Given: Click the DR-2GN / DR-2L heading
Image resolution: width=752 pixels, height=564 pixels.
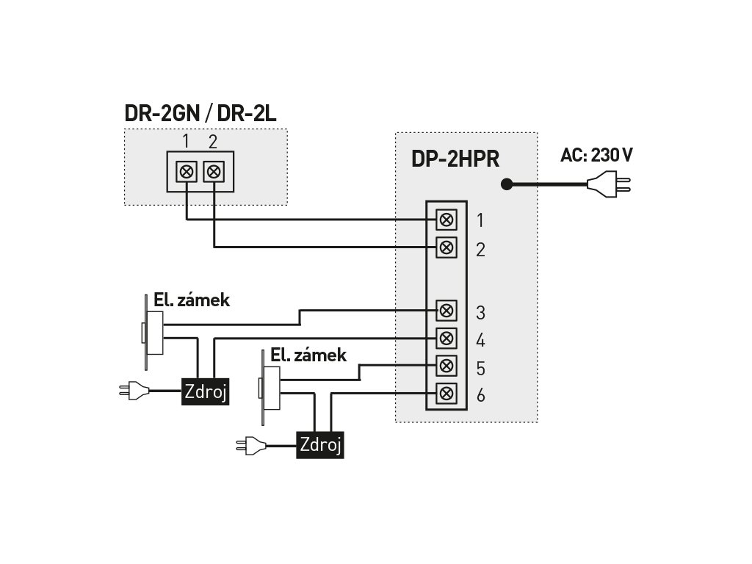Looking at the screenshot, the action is pos(200,114).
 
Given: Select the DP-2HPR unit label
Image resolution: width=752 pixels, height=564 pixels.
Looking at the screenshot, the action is pos(455,159).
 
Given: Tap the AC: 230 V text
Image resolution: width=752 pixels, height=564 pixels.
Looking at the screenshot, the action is pos(596,156).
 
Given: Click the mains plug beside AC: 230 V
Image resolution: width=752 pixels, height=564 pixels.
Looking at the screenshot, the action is pos(609,184).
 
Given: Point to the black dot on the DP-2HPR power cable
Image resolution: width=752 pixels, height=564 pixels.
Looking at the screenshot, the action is pos(507,184).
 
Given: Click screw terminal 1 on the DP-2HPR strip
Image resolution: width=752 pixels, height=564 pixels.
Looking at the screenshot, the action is pos(446,220).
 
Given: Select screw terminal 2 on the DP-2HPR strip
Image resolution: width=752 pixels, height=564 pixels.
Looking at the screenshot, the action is pos(446,247).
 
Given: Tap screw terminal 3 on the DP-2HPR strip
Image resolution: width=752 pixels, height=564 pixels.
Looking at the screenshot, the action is pos(446,311).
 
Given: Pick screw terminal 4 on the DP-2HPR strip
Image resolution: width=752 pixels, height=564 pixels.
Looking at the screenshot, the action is pos(446,338).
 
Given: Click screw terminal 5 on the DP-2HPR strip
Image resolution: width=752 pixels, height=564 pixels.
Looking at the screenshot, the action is pos(446,366).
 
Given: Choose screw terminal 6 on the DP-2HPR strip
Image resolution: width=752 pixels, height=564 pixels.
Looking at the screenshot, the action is pos(446,394).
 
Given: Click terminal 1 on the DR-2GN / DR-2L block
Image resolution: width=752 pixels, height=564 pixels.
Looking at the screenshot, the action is pos(187,171).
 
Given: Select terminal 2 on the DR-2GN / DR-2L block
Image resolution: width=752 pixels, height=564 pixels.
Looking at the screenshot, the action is pos(214,171).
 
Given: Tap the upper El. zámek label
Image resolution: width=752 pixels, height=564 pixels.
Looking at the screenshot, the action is pos(192,300).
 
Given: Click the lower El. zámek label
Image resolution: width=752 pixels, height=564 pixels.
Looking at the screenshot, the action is pos(308,355).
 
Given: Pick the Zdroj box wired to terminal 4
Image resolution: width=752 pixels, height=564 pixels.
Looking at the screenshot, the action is pos(206,391).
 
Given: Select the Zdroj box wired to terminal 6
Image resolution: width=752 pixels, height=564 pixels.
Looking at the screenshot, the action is pos(320,445).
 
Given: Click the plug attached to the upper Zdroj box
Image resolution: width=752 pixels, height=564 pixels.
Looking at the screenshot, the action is pos(134,391).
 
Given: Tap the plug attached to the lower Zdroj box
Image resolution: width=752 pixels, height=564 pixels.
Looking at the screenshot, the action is pos(251,446).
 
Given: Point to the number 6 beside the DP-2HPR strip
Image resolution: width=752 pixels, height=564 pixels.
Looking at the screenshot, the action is pos(480,395).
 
